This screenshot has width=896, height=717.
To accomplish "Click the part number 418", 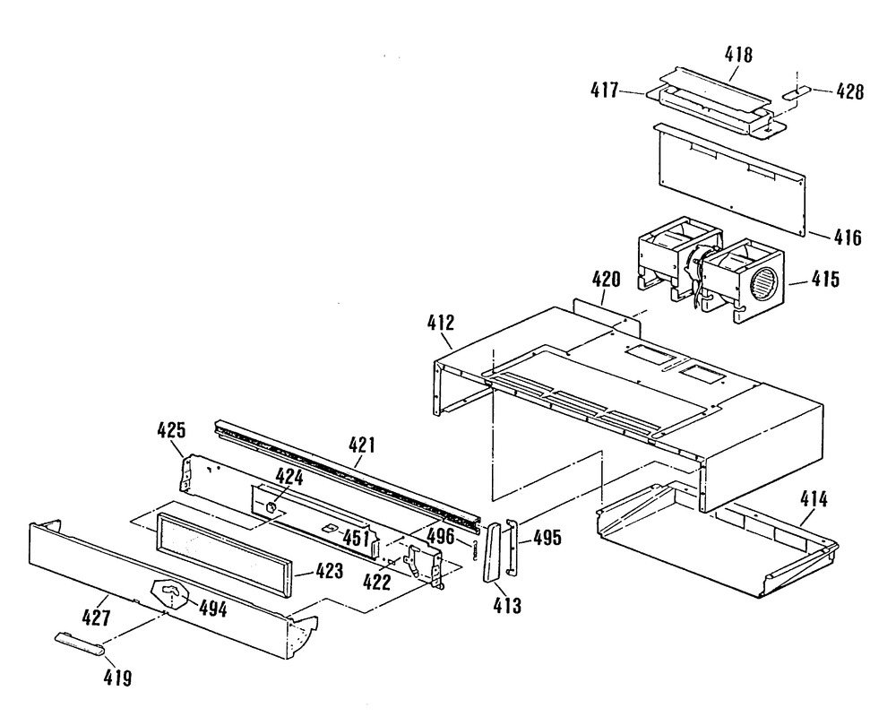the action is click(x=738, y=55).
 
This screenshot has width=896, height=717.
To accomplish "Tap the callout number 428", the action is click(x=850, y=91).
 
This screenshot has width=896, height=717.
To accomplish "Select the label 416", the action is click(x=848, y=238).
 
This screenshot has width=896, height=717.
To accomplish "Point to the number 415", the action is click(x=826, y=280).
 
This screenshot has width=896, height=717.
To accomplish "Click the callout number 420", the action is click(x=606, y=280).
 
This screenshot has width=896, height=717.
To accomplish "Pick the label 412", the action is click(x=441, y=323).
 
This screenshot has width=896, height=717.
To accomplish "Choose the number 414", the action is click(x=814, y=500).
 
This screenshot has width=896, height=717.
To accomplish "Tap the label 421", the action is click(x=361, y=445).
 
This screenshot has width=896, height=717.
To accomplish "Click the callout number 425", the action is click(x=171, y=429).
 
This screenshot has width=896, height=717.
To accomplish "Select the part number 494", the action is click(x=212, y=609).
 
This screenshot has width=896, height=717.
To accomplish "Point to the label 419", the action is click(x=117, y=678).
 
